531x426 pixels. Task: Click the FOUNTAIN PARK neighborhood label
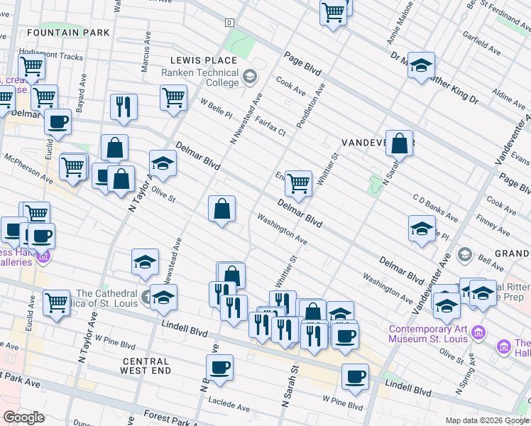tap(68, 33)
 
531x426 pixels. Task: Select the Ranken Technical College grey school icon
tap(250, 76)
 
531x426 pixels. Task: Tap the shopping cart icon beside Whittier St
tap(299, 183)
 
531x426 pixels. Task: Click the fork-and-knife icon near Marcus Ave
tap(124, 106)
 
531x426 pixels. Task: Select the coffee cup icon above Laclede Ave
tap(219, 368)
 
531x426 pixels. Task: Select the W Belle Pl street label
tap(217, 110)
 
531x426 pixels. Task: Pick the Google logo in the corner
tap(24, 417)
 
